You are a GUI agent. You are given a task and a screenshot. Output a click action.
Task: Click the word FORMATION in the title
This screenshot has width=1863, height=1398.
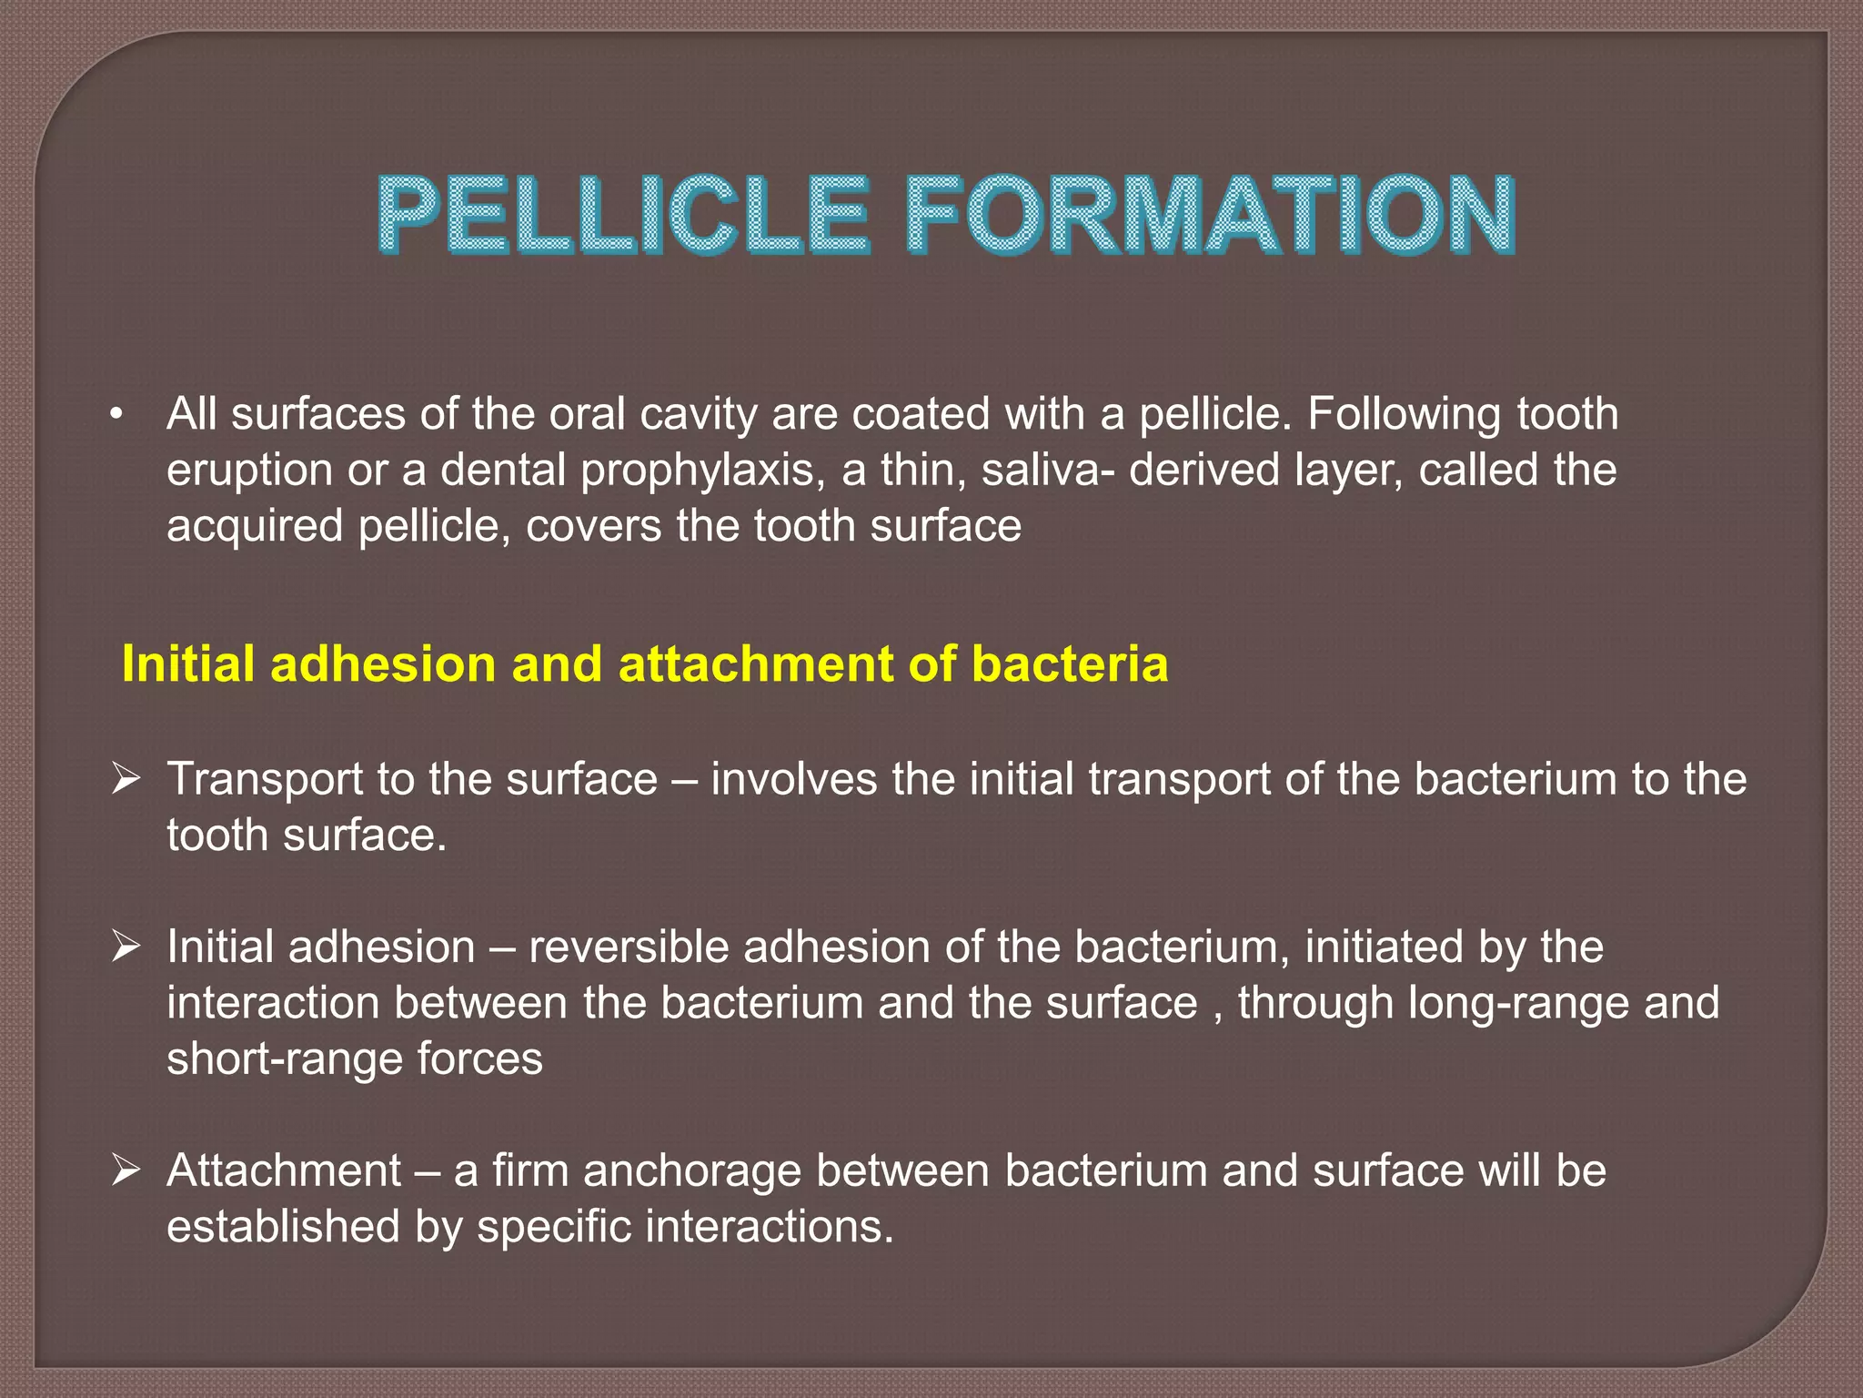[x=1210, y=216]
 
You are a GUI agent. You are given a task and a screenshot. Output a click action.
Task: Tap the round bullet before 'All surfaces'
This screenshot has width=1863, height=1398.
[x=115, y=416]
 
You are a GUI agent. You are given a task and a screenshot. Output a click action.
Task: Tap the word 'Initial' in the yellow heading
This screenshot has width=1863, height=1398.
[x=188, y=664]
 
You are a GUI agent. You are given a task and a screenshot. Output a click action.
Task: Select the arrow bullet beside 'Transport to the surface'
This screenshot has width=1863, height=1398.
[x=125, y=779]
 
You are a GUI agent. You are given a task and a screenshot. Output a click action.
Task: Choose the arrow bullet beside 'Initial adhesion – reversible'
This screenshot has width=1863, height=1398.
[x=125, y=947]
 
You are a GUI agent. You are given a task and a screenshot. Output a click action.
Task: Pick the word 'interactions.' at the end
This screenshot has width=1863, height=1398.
[x=770, y=1226]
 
